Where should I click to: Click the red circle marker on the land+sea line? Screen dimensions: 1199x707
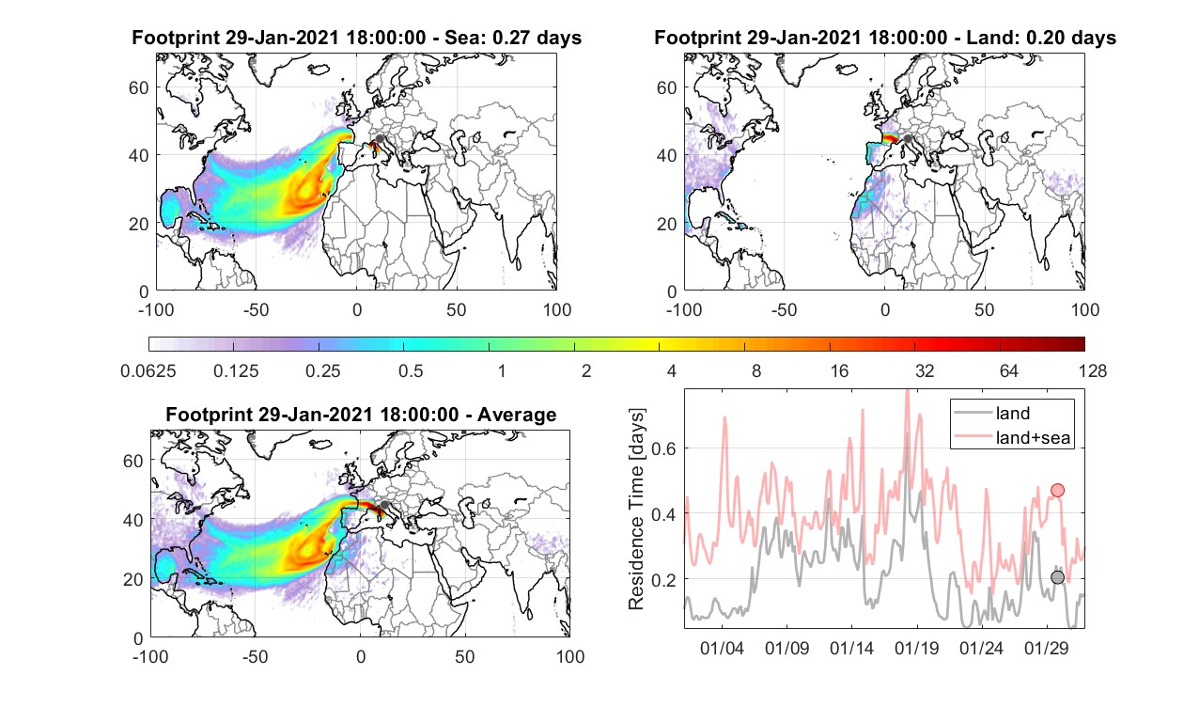(1057, 490)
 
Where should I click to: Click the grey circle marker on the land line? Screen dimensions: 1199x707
(1057, 577)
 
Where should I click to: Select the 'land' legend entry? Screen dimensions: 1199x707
(1012, 413)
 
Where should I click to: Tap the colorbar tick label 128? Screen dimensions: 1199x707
(1092, 370)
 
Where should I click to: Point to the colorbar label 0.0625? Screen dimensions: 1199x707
(148, 370)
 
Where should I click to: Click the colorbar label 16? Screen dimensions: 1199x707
(839, 370)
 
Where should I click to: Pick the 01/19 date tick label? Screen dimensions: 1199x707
(916, 649)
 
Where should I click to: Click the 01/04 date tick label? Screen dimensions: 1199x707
(722, 649)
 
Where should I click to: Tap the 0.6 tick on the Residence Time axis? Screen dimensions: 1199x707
(663, 448)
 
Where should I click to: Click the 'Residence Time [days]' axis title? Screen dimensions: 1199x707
(636, 510)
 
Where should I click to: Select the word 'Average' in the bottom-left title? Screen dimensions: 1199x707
(517, 415)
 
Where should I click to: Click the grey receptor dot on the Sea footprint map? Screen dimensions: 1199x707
(380, 138)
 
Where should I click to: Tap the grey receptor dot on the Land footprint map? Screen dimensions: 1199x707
(908, 138)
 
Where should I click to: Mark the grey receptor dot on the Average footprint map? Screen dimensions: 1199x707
(383, 505)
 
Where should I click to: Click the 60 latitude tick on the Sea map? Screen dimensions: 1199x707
(138, 87)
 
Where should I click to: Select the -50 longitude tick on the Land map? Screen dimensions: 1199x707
(785, 309)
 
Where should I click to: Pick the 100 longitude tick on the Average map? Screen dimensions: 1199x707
(570, 656)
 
